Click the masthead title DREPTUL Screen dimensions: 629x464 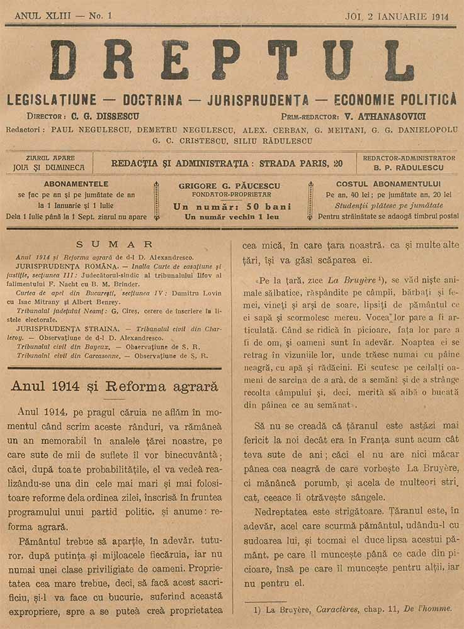pos(232,61)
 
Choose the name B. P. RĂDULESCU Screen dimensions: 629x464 pos(409,168)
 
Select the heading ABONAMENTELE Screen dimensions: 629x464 pos(76,184)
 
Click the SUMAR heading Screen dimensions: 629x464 pos(114,244)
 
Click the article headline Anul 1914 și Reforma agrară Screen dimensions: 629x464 pos(114,386)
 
